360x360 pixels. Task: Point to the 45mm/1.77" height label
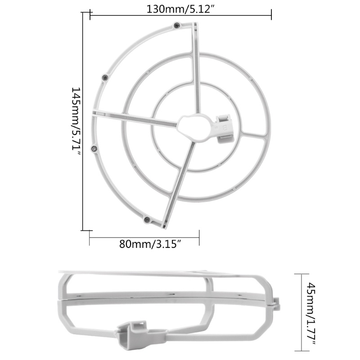point(311,314)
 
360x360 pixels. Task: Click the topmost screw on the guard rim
point(176,26)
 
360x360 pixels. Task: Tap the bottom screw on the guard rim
point(147,220)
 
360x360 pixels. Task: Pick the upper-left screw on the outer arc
point(105,77)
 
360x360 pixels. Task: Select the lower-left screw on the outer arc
point(94,148)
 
